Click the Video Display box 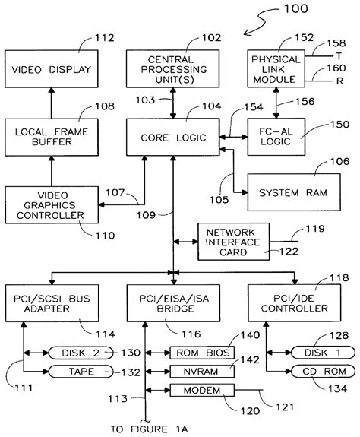coord(52,70)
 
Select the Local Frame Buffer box coord(52,138)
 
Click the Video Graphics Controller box coord(52,206)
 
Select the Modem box coord(202,390)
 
